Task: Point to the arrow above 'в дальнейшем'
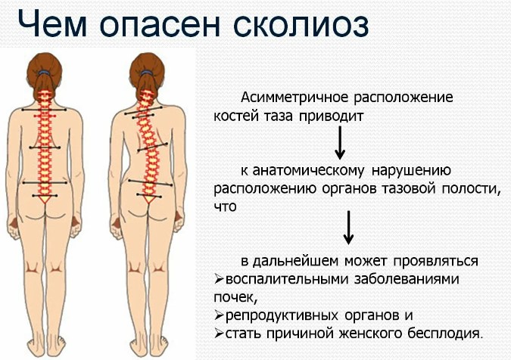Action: (x=348, y=228)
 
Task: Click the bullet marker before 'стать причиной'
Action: (x=218, y=333)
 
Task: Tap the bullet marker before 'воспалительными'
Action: (x=218, y=278)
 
